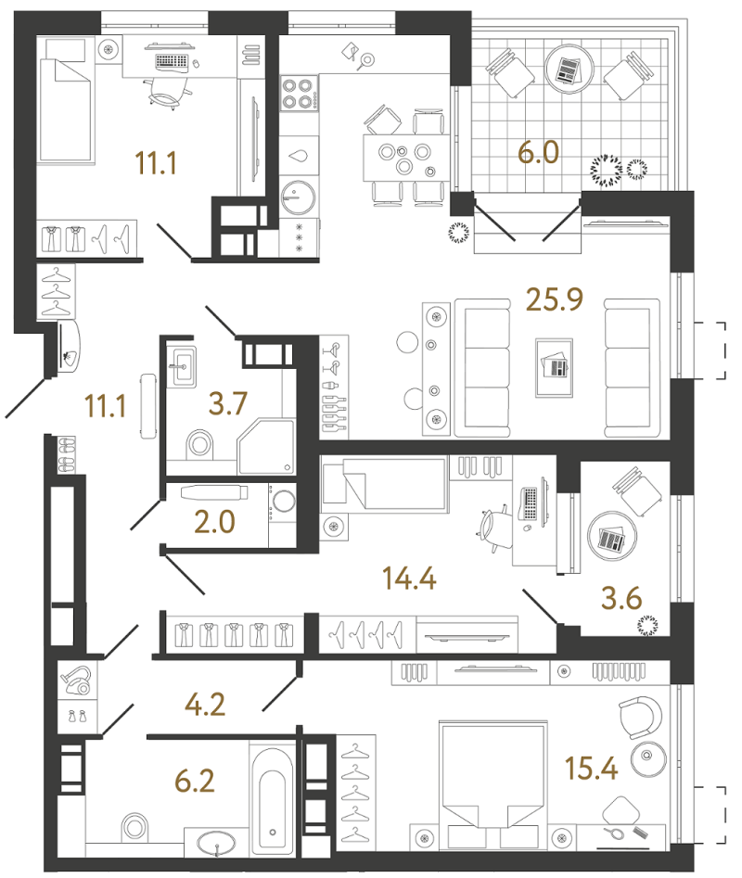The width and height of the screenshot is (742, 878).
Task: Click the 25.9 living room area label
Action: tap(555, 299)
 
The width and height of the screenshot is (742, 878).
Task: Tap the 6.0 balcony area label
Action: tap(538, 152)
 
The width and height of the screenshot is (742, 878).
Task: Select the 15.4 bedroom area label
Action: tap(592, 769)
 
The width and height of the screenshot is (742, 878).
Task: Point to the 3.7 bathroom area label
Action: tap(228, 403)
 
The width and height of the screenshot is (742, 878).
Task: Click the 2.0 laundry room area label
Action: tap(214, 522)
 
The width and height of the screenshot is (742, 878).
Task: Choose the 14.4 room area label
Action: tap(409, 578)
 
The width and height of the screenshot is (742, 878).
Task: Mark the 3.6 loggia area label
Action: tap(621, 598)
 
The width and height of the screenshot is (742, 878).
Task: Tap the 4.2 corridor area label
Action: tap(206, 705)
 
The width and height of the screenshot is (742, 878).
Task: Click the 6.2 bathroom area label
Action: tap(195, 781)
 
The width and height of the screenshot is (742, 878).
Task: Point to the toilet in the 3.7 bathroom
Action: tap(198, 443)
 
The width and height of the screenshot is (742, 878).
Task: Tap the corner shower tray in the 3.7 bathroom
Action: tap(266, 447)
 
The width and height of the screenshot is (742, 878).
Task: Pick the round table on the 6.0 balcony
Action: tap(569, 70)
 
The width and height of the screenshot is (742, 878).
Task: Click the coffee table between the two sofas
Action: tap(554, 368)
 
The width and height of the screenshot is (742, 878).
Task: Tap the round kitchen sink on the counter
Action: tap(298, 197)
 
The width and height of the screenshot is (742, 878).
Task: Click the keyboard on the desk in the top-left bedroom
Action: tap(172, 61)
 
